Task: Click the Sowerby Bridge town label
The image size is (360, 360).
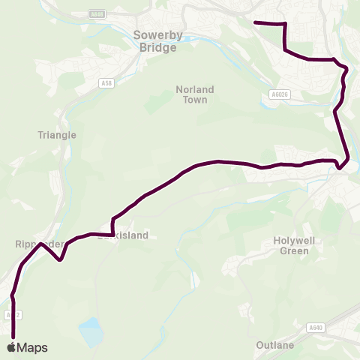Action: click(155, 41)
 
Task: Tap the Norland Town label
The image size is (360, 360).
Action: click(195, 94)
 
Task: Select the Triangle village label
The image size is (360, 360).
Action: click(57, 135)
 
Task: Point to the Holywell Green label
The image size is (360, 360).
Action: click(294, 246)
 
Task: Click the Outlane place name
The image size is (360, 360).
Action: click(270, 346)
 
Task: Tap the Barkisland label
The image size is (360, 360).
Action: click(124, 235)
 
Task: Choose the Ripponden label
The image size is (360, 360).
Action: click(34, 244)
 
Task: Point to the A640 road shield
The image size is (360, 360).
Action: click(316, 327)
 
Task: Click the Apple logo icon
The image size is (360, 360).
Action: click(12, 347)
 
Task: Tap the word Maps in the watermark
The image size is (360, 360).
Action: click(32, 347)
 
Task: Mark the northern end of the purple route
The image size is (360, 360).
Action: click(256, 22)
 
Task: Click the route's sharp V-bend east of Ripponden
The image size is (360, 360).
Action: click(59, 260)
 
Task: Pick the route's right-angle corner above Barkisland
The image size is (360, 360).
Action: click(112, 219)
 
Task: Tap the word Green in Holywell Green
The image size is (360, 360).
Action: click(294, 251)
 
